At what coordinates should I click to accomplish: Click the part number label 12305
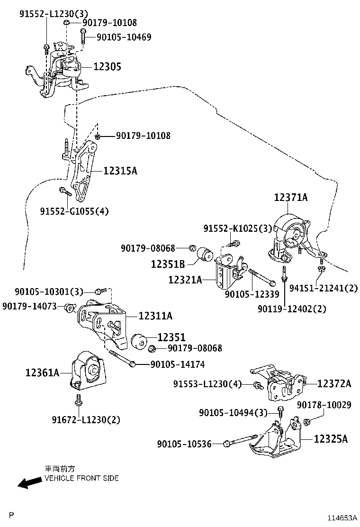(107, 67)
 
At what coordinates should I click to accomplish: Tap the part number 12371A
(290, 198)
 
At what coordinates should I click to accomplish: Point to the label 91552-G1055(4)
(74, 211)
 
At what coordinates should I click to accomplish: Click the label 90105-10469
(124, 37)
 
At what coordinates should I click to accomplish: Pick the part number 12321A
(185, 280)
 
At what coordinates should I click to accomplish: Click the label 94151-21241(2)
(324, 288)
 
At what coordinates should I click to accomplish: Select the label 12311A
(155, 316)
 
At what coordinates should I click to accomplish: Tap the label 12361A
(42, 373)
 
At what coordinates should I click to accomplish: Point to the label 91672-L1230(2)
(86, 419)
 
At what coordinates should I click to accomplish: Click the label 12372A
(334, 383)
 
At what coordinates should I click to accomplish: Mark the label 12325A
(331, 439)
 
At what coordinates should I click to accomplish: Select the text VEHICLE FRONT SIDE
(81, 478)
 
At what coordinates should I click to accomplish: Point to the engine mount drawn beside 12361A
(89, 371)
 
